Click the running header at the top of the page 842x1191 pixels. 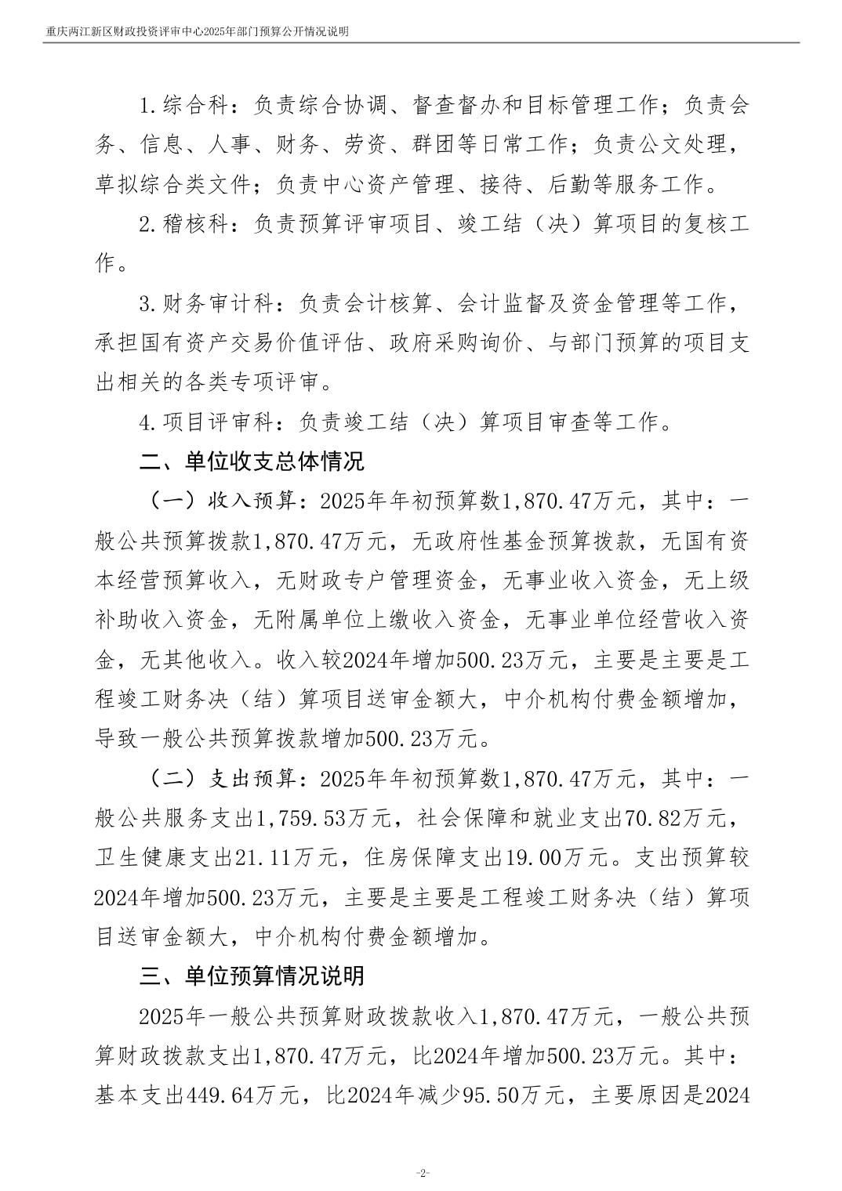point(197,31)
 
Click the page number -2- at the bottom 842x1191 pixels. point(422,1172)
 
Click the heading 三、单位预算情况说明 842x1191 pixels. point(252,976)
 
